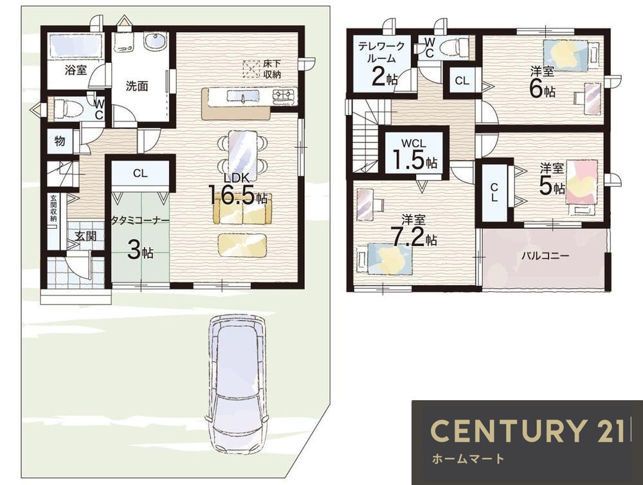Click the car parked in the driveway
[237, 385]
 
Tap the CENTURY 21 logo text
[527, 431]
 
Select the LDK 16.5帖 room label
[238, 190]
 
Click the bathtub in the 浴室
[75, 46]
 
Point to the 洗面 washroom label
[136, 86]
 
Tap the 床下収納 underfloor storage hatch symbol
[251, 69]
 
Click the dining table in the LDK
[242, 154]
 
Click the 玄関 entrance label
[86, 236]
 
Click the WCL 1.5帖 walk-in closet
[413, 155]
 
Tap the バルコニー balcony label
[545, 256]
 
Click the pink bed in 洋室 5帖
[582, 182]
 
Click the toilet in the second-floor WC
[454, 47]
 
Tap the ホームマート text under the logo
[467, 459]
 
